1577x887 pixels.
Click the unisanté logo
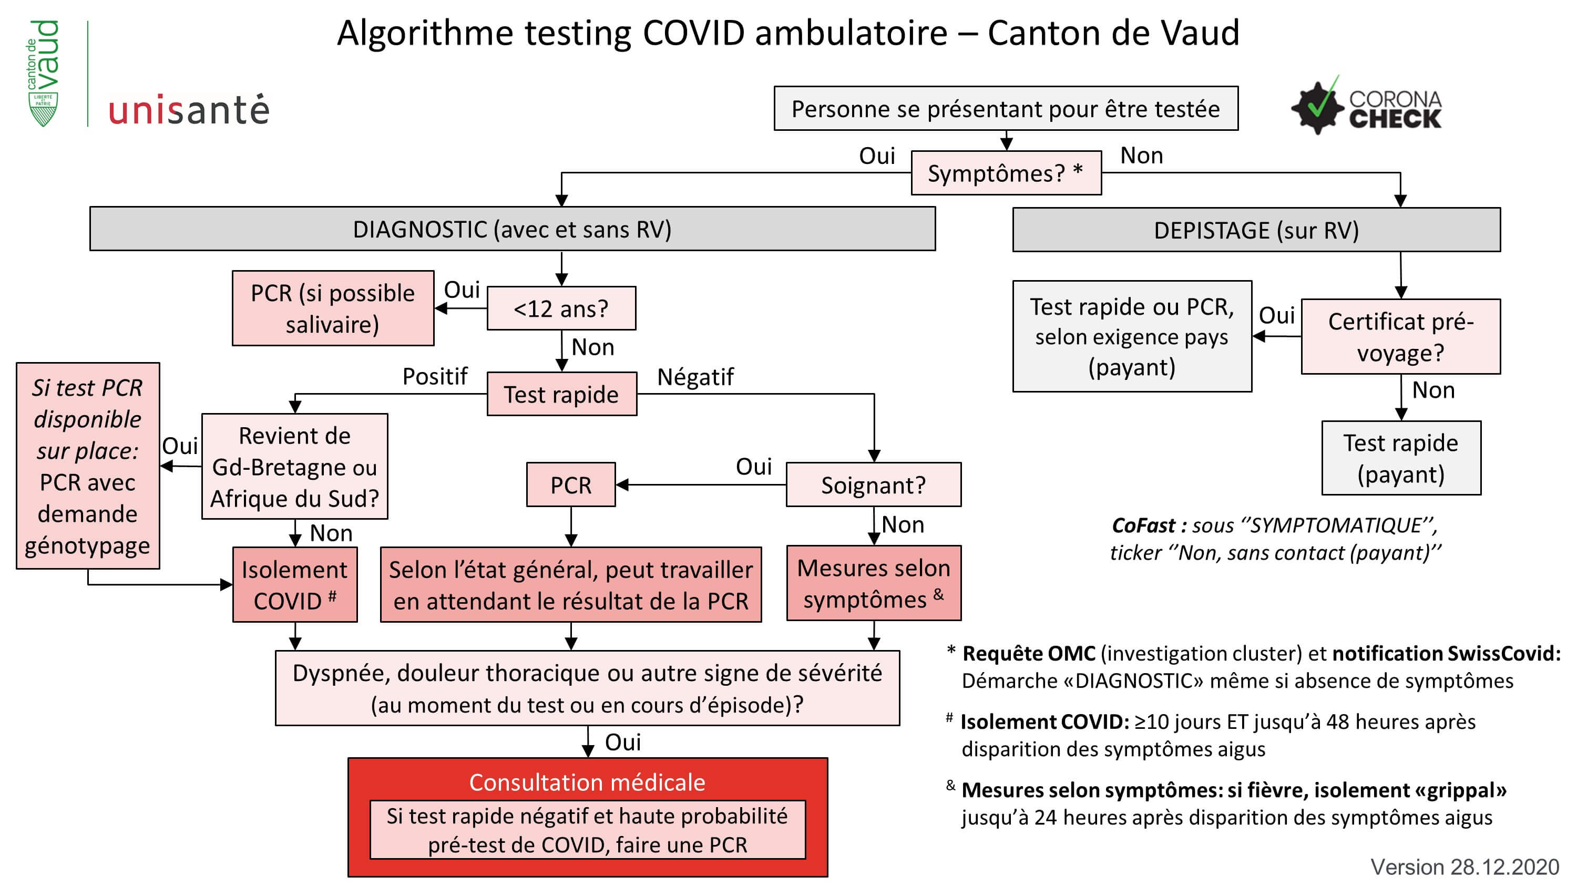pos(189,111)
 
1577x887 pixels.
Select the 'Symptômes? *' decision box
pos(1006,173)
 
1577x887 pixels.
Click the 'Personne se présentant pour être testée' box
pos(1005,109)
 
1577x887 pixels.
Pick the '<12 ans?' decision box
pos(561,308)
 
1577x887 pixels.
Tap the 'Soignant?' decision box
pos(873,485)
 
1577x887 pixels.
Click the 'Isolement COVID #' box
pos(294,585)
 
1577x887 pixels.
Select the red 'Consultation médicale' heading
pos(587,782)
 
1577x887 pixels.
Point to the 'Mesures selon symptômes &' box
pos(873,583)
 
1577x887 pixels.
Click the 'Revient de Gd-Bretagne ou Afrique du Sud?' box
pos(294,467)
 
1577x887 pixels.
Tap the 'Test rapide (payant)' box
pos(1401,458)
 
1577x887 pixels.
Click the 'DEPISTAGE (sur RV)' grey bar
pos(1256,230)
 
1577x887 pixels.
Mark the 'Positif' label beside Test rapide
pos(435,376)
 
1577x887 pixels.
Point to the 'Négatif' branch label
pos(695,376)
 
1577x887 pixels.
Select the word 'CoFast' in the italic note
pos(1142,525)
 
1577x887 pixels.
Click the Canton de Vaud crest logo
pos(44,74)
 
